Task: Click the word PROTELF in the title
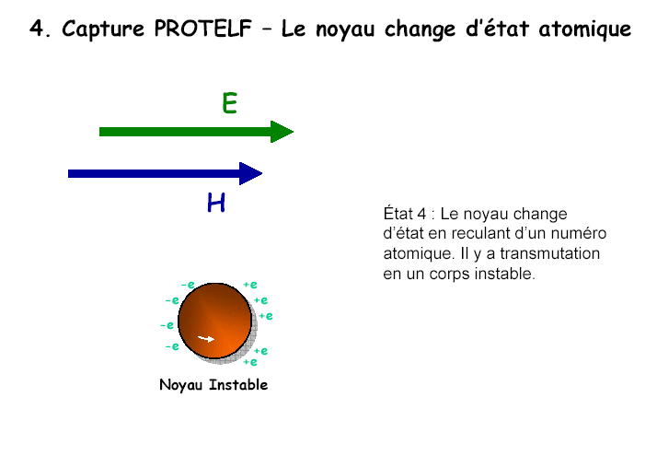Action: click(x=202, y=29)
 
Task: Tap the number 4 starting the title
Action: click(x=37, y=29)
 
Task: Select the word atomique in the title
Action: click(x=585, y=29)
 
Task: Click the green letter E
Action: click(x=230, y=103)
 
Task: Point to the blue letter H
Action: click(x=216, y=202)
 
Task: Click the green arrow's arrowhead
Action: click(x=282, y=132)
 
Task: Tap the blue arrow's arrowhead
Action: click(x=250, y=173)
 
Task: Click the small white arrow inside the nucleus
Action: click(x=206, y=338)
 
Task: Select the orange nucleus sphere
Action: click(x=215, y=321)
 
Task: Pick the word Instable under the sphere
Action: click(x=238, y=384)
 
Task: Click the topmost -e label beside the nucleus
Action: click(x=188, y=285)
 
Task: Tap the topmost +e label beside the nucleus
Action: click(x=250, y=285)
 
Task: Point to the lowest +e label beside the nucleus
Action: click(x=250, y=362)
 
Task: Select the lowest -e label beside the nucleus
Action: click(x=172, y=346)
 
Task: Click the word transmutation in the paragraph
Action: click(x=550, y=253)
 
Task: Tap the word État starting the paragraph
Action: click(x=398, y=214)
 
